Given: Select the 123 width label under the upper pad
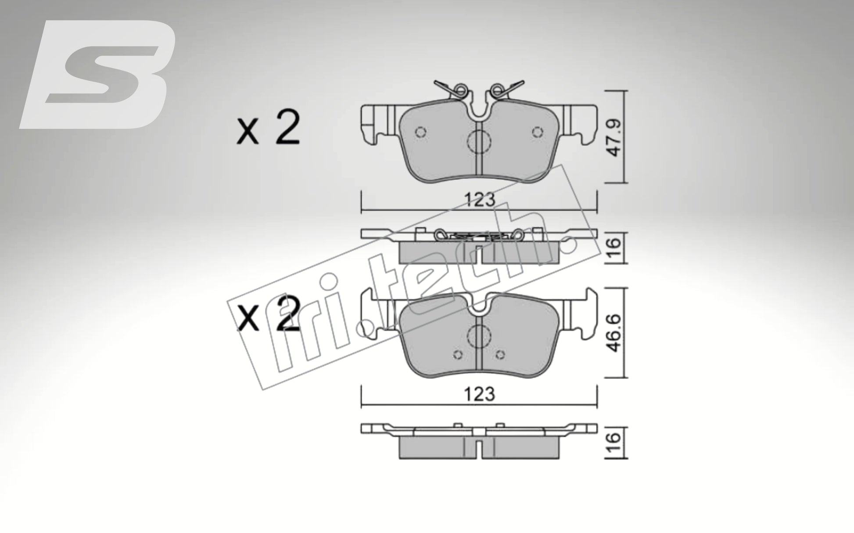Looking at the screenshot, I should point(480,200).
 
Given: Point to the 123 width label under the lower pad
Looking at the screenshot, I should point(480,394).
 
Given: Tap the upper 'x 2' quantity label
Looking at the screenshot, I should point(268,128).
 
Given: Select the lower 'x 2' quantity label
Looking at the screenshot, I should point(268,315).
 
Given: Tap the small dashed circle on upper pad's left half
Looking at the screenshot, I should point(420,132).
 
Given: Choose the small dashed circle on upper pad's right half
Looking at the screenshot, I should point(537,132).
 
